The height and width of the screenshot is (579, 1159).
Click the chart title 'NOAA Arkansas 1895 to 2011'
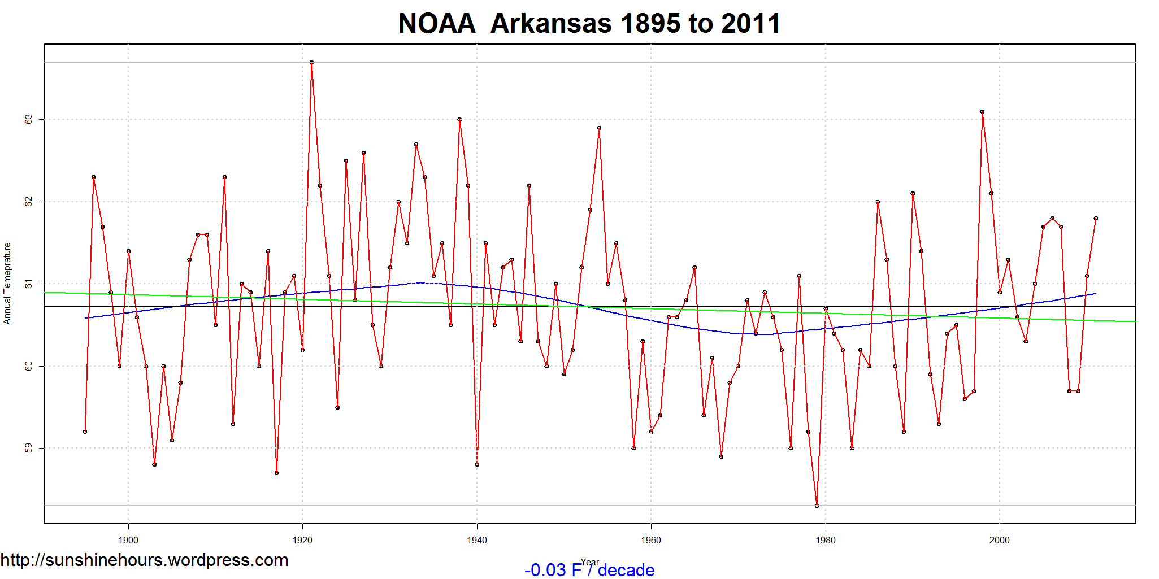tap(589, 24)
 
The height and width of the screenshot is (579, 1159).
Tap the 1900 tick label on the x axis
tap(128, 540)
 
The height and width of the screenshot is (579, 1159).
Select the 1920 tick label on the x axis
tap(302, 540)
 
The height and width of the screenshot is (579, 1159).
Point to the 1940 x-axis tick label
tap(477, 540)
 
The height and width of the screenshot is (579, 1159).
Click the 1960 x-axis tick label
tap(651, 540)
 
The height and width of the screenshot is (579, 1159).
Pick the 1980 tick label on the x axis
tap(825, 540)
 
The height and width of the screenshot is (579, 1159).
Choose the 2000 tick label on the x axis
tap(999, 540)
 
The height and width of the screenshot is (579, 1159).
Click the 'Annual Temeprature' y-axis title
tap(7, 284)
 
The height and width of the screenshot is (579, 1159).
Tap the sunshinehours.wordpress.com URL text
tap(144, 560)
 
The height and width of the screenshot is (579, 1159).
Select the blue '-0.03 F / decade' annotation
tap(589, 570)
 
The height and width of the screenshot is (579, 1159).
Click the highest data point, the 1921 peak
tap(311, 62)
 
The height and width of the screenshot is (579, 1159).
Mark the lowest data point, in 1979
tap(817, 506)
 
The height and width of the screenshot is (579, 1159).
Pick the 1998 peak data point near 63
tap(982, 112)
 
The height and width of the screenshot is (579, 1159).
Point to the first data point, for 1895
tap(85, 432)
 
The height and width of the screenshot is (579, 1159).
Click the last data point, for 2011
tap(1096, 218)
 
